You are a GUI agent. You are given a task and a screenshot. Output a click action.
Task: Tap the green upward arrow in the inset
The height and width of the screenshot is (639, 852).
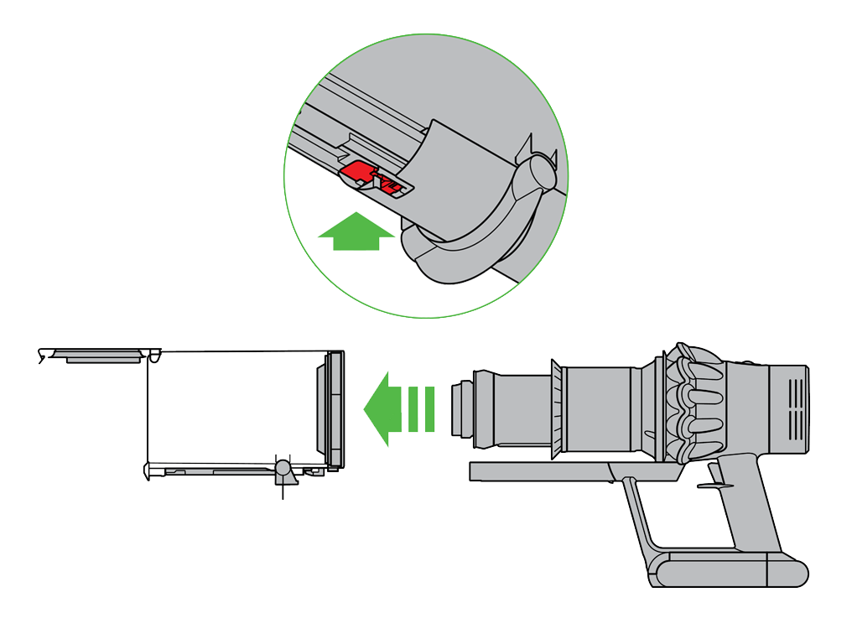click(x=356, y=231)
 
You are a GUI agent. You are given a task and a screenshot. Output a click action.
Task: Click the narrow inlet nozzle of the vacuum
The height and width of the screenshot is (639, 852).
click(x=462, y=409)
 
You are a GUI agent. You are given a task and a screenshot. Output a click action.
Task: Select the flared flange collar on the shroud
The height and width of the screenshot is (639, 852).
click(x=554, y=409)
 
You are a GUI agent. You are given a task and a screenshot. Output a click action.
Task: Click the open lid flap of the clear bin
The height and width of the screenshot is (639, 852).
click(x=96, y=354)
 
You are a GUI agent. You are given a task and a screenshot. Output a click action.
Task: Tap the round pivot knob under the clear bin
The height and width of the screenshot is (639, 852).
click(x=283, y=468)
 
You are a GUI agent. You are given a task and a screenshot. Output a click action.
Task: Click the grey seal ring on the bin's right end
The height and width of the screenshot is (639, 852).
click(x=335, y=408)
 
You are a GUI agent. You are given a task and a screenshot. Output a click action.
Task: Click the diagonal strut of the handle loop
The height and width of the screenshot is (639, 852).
click(x=638, y=520)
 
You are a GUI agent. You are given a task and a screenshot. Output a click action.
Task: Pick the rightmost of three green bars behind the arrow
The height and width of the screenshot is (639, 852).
click(x=429, y=409)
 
